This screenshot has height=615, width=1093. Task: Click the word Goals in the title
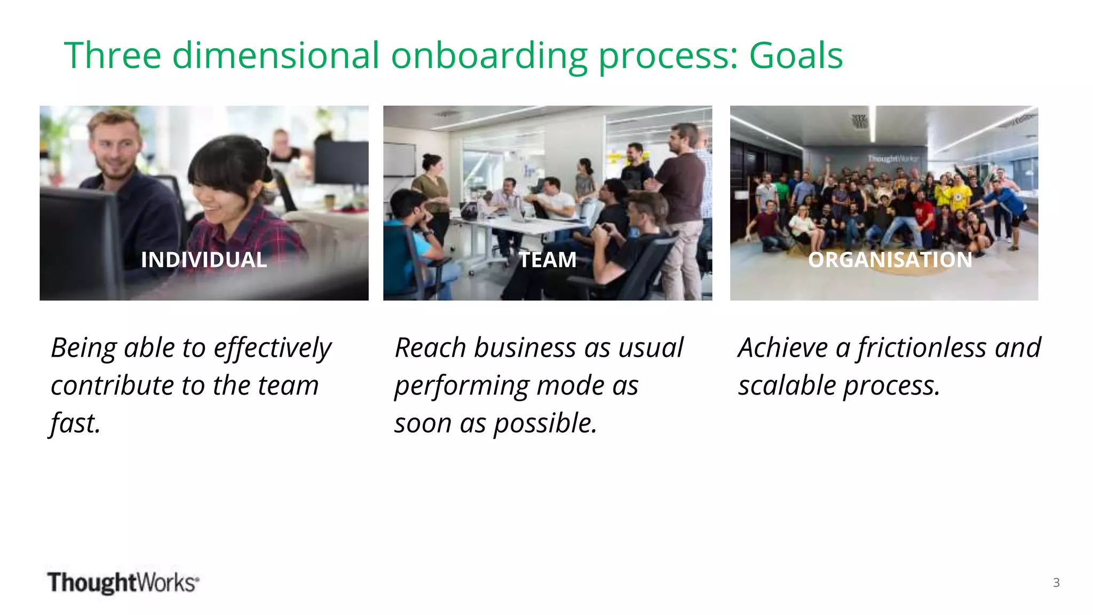coord(795,56)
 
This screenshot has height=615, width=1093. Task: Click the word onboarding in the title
coord(488,56)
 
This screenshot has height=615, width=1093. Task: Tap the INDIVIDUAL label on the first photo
coord(204,260)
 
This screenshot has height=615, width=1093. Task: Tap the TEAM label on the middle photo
coord(548,260)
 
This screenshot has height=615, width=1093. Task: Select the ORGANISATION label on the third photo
coord(890,260)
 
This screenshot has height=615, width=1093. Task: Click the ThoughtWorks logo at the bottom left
coord(123,582)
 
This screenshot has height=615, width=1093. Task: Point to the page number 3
coord(1056,582)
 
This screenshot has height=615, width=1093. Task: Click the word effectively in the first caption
coord(272,348)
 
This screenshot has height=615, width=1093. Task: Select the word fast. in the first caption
coord(75,423)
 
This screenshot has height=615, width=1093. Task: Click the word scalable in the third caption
coord(787,385)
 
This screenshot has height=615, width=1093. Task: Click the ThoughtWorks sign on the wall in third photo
coord(892,159)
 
